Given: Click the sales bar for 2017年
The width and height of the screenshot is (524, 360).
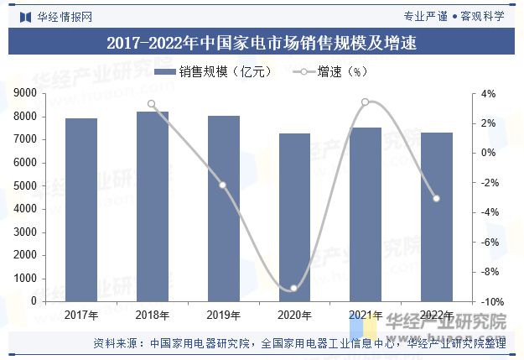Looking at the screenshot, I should pyautogui.click(x=81, y=210).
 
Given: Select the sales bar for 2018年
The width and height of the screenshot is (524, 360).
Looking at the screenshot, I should pyautogui.click(x=153, y=206).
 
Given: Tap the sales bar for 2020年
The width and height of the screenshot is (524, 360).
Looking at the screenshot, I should pyautogui.click(x=294, y=217).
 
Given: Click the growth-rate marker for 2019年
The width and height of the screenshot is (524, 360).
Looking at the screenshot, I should pyautogui.click(x=223, y=185).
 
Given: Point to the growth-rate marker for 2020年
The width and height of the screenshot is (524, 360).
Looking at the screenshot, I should pyautogui.click(x=294, y=289).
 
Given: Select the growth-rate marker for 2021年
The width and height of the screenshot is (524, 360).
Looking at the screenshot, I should pyautogui.click(x=365, y=102).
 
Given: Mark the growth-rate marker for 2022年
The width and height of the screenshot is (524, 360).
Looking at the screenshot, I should pyautogui.click(x=436, y=198).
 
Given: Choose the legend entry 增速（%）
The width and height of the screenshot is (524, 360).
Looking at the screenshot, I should pyautogui.click(x=330, y=72).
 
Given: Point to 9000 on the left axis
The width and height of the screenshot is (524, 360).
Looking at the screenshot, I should pyautogui.click(x=36, y=92).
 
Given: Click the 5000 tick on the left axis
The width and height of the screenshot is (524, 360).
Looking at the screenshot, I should pyautogui.click(x=36, y=185).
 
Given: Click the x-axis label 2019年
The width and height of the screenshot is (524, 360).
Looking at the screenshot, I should pyautogui.click(x=223, y=316).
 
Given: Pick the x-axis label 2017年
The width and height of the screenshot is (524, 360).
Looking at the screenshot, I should pyautogui.click(x=81, y=316).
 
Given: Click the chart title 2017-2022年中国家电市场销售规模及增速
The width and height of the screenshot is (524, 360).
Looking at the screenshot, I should pyautogui.click(x=262, y=41).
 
